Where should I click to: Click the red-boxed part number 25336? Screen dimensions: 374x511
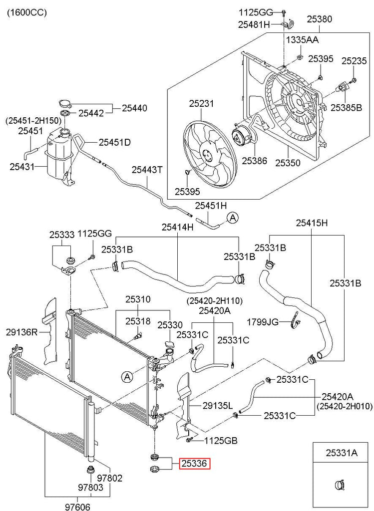195,463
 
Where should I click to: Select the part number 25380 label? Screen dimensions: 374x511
319,19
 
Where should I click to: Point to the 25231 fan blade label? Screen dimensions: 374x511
202,104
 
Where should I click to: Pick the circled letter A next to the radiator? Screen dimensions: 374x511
127,377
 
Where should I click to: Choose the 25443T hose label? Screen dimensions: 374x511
147,170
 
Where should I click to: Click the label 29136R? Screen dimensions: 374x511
21,332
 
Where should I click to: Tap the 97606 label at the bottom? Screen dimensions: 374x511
77,507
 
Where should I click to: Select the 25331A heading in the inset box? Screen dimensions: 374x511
342,453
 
